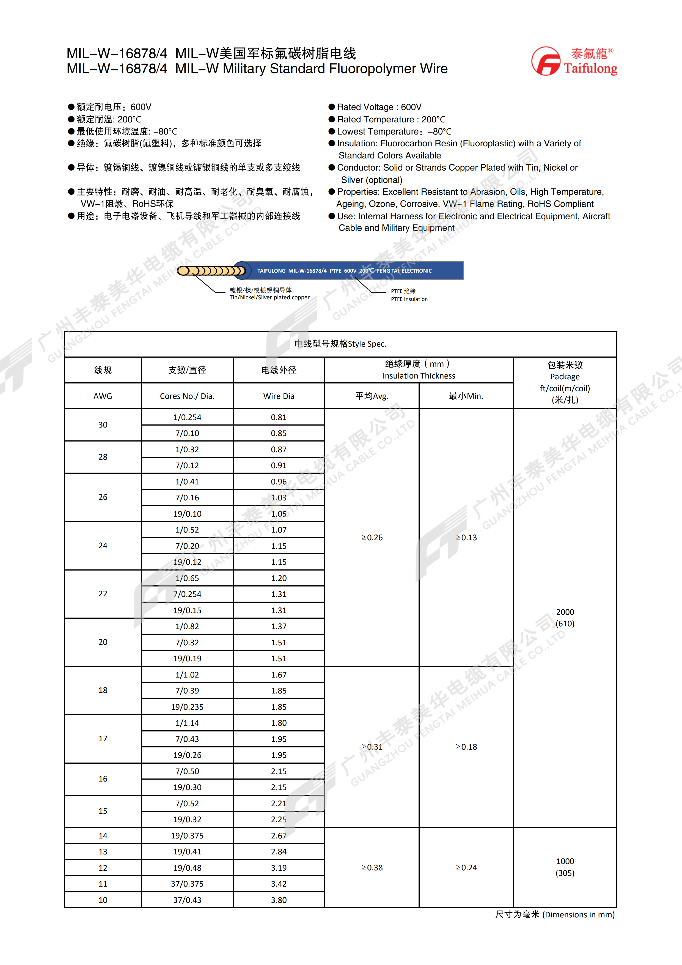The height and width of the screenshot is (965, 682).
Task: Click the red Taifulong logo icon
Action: click(x=546, y=61)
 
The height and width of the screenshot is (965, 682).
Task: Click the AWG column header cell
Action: click(x=103, y=396)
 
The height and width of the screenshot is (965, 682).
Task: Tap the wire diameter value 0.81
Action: click(x=279, y=417)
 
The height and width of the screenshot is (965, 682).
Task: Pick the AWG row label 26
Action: click(x=103, y=497)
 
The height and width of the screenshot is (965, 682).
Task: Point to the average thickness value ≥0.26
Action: click(x=372, y=538)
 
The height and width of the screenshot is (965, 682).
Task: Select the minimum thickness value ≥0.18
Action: click(x=466, y=747)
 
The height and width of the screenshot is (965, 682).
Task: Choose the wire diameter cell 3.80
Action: click(x=279, y=900)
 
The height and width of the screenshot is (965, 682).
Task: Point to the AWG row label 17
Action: click(x=103, y=739)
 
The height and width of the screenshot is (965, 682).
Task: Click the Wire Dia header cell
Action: click(x=279, y=396)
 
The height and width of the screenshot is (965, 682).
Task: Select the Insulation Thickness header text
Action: click(x=419, y=376)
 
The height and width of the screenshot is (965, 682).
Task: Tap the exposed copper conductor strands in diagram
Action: click(x=210, y=271)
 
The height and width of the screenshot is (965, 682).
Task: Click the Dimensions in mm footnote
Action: click(x=555, y=915)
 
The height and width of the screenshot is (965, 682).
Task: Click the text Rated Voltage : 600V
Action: click(x=379, y=107)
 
